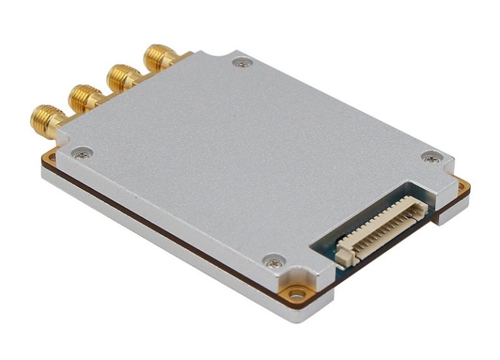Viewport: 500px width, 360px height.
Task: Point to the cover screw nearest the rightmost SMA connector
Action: pyautogui.click(x=242, y=63)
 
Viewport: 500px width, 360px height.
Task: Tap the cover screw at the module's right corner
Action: pyautogui.click(x=430, y=157)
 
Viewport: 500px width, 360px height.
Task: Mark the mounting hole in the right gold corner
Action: pyautogui.click(x=462, y=187)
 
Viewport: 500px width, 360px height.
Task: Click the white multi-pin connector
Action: pyautogui.click(x=381, y=229)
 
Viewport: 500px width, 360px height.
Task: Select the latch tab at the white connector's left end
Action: pyautogui.click(x=343, y=256)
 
